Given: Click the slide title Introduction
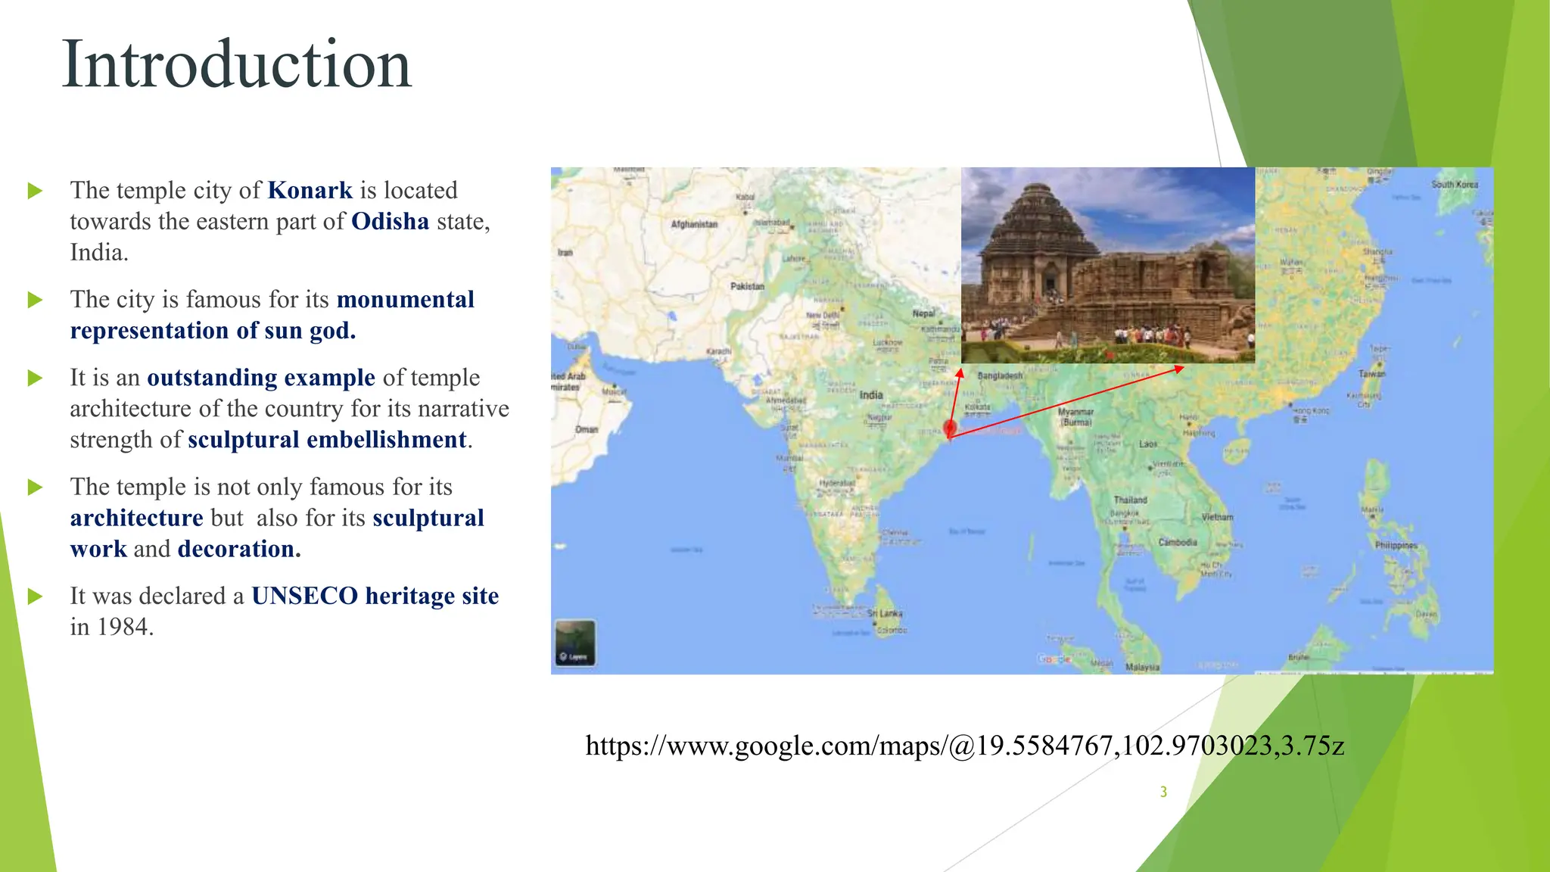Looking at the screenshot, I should [x=236, y=65].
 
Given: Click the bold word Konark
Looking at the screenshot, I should [x=310, y=190].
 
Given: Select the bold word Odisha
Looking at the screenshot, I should [x=390, y=221].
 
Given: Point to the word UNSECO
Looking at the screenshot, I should [x=304, y=596].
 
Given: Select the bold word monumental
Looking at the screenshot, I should [x=405, y=300].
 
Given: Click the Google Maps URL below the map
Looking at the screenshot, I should [x=964, y=746].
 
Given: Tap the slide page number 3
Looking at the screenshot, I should [x=1163, y=792].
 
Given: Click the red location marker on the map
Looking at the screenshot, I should [x=951, y=428].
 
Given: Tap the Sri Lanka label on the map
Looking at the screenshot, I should [x=885, y=614].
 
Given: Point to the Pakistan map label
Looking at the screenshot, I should [x=747, y=286].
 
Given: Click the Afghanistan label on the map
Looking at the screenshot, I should [x=694, y=224].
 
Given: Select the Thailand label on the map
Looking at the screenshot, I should [x=1130, y=500].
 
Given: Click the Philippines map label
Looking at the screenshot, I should [x=1396, y=545].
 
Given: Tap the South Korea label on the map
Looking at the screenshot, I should [x=1454, y=185].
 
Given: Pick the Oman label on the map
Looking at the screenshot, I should [x=587, y=429].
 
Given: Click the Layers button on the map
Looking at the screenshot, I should [x=575, y=643].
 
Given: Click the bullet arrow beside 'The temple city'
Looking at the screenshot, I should [x=35, y=191].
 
